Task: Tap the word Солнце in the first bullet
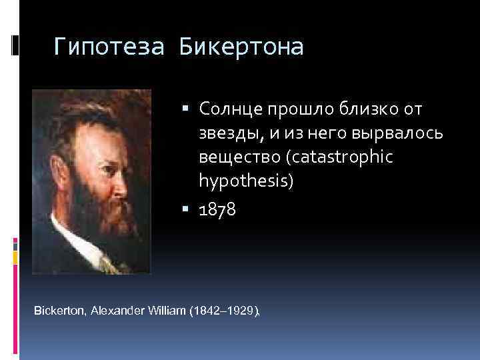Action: pos(228,108)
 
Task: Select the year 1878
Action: pos(217,211)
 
